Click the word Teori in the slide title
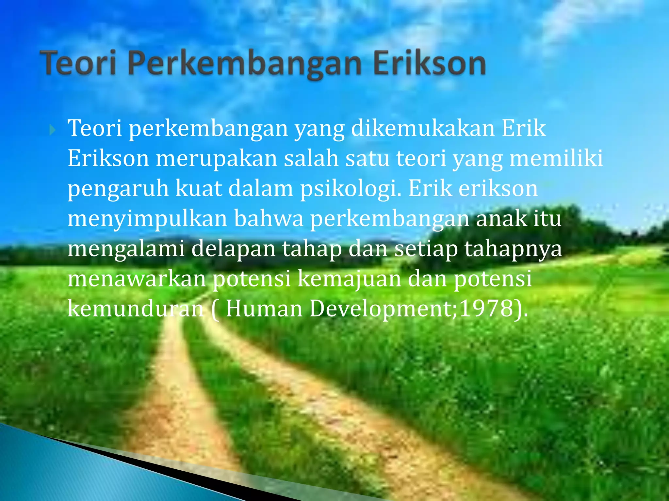[x=78, y=63]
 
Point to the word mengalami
[x=126, y=250]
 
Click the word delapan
[x=233, y=250]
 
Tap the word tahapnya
[x=513, y=250]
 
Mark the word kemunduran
[x=136, y=309]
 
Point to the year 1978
[x=486, y=309]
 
